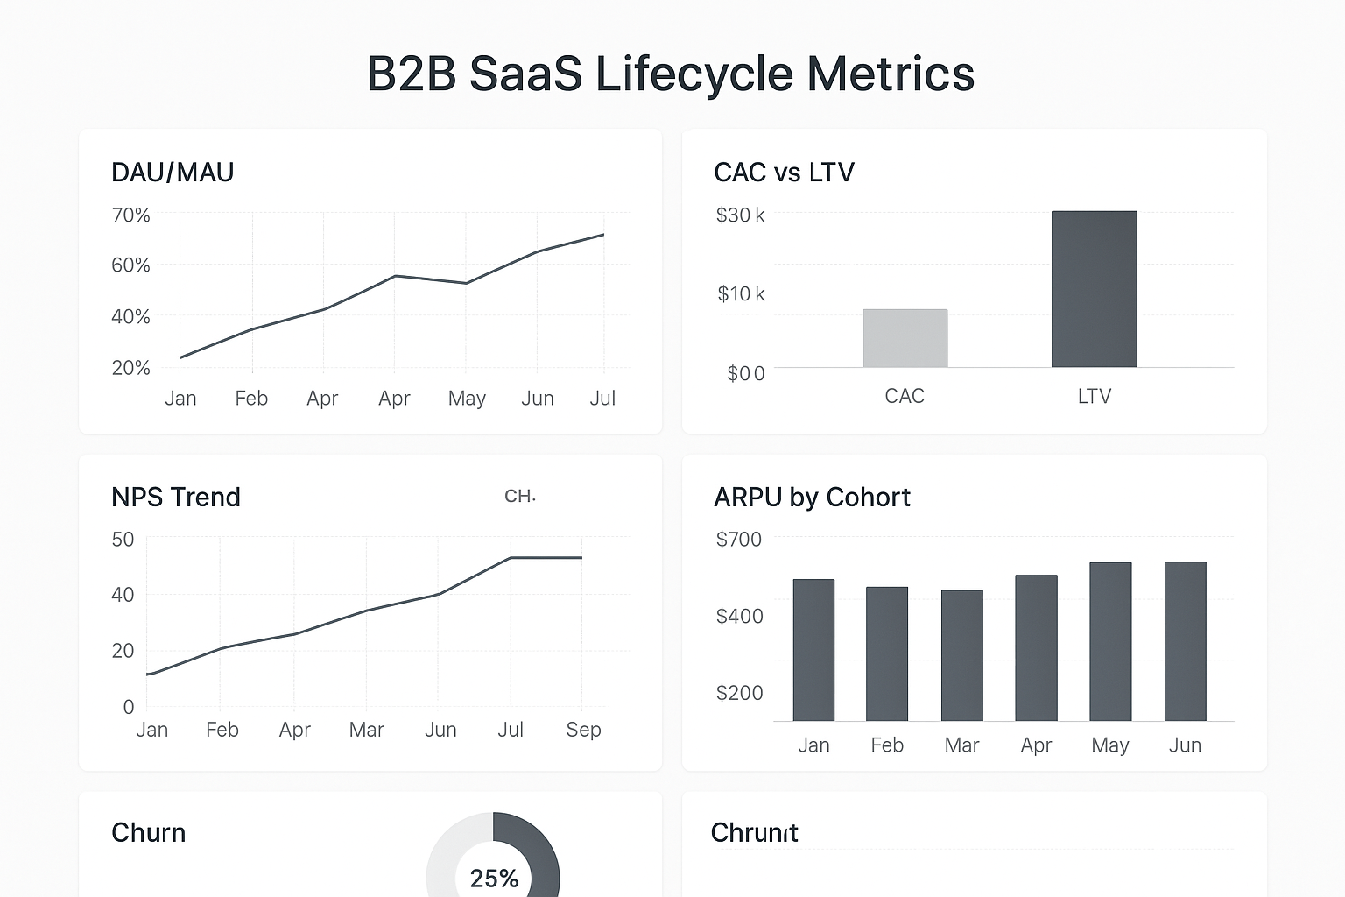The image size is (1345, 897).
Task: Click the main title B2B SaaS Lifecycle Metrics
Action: click(x=670, y=74)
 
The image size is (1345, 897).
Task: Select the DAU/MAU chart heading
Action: click(x=173, y=173)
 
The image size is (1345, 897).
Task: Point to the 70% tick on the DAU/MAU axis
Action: click(x=130, y=215)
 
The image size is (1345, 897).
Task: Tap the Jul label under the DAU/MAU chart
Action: click(x=602, y=399)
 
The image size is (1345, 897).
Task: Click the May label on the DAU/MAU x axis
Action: click(x=467, y=399)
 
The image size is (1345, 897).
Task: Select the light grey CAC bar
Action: click(x=905, y=338)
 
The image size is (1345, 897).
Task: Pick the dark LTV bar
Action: click(x=1094, y=289)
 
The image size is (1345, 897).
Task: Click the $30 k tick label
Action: click(x=740, y=215)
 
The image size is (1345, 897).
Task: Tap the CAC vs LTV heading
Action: click(x=784, y=173)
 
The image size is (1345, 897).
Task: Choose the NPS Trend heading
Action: click(x=175, y=498)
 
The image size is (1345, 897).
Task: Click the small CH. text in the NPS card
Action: click(x=519, y=497)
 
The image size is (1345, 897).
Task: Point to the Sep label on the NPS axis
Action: click(x=583, y=730)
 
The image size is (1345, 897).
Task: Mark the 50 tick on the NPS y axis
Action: click(x=123, y=540)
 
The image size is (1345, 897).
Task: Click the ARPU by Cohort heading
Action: click(x=812, y=498)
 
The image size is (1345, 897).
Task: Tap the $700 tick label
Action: click(x=738, y=540)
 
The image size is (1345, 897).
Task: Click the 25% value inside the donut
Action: click(x=494, y=878)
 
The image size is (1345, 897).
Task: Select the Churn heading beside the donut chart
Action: click(x=148, y=832)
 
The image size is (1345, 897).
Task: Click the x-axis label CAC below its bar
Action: click(x=905, y=396)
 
